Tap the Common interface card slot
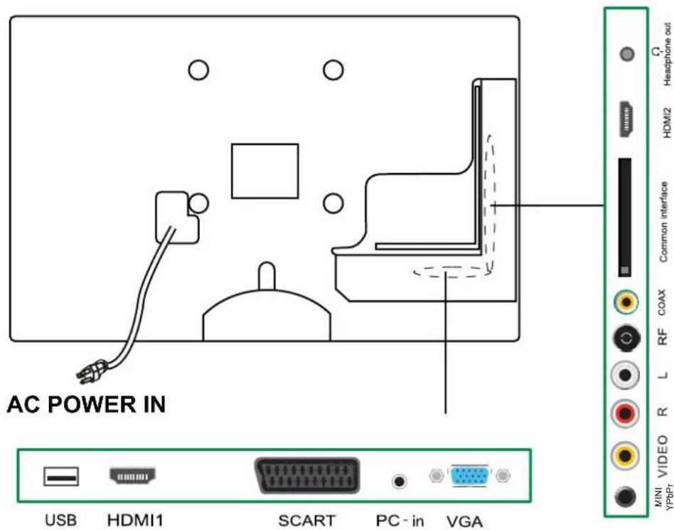click(625, 217)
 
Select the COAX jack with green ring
click(626, 302)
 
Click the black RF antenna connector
click(626, 340)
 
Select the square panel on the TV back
click(264, 171)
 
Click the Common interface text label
click(663, 221)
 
